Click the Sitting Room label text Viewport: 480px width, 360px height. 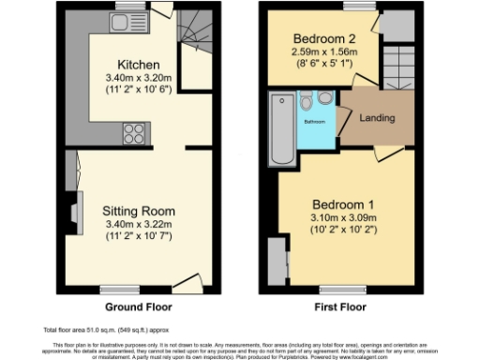click(x=140, y=211)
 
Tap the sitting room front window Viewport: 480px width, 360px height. click(x=117, y=288)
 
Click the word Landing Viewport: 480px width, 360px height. click(x=377, y=118)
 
